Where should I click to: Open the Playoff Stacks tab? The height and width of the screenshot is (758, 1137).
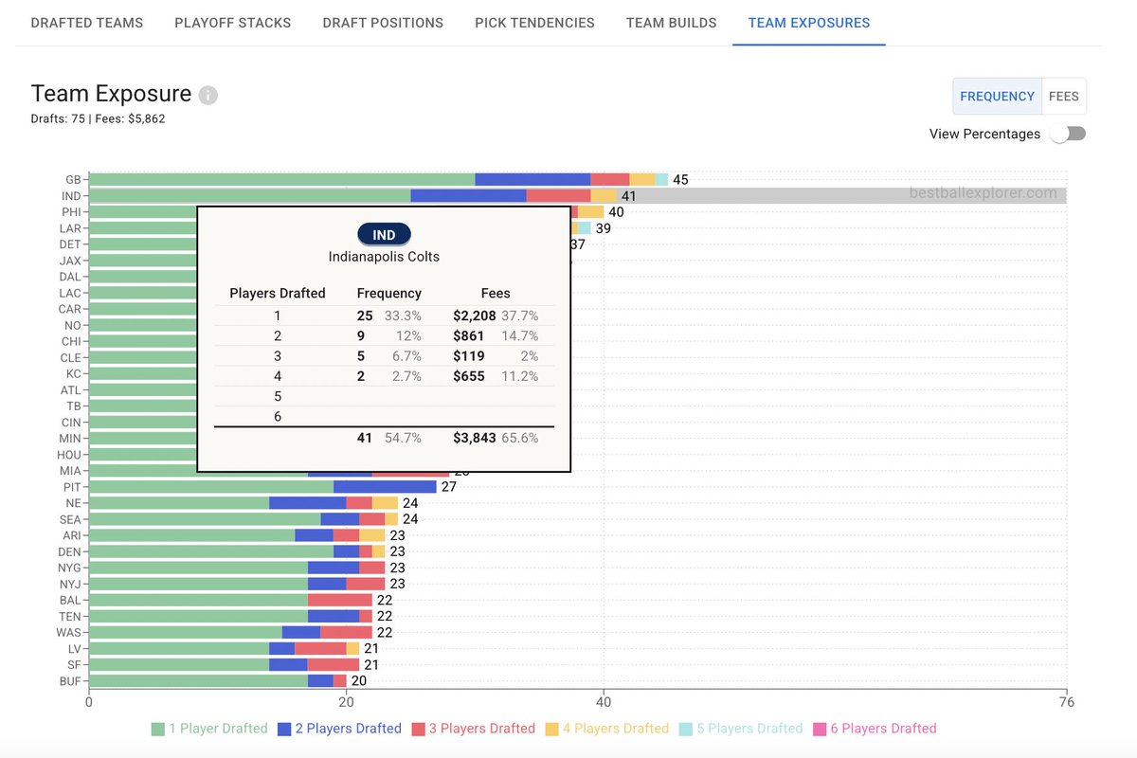(x=232, y=23)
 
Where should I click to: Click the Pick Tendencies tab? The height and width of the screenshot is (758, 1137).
(x=534, y=23)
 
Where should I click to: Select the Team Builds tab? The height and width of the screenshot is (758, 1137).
(x=671, y=23)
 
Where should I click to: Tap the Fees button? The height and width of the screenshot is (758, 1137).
(x=1063, y=97)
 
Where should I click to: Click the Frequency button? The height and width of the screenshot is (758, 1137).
(x=997, y=97)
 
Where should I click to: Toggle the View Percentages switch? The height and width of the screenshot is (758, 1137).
(x=1067, y=134)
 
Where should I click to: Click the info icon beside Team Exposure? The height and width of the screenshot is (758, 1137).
(x=208, y=96)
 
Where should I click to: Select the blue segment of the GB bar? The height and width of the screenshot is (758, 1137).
(x=532, y=179)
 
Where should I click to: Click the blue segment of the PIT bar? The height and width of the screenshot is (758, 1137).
(x=385, y=487)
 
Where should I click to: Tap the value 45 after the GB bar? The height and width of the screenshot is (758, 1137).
(x=680, y=180)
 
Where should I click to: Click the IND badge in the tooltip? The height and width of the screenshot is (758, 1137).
(x=384, y=235)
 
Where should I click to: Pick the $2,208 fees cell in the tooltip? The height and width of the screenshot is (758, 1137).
(x=474, y=316)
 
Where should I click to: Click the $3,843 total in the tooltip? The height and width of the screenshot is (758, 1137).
(x=474, y=439)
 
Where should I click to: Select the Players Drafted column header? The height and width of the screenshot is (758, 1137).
(x=278, y=294)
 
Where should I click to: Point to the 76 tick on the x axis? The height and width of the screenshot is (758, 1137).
(x=1066, y=702)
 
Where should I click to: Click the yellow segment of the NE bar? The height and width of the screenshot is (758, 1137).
(x=385, y=503)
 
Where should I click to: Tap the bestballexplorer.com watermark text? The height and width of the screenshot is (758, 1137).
(x=983, y=193)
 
